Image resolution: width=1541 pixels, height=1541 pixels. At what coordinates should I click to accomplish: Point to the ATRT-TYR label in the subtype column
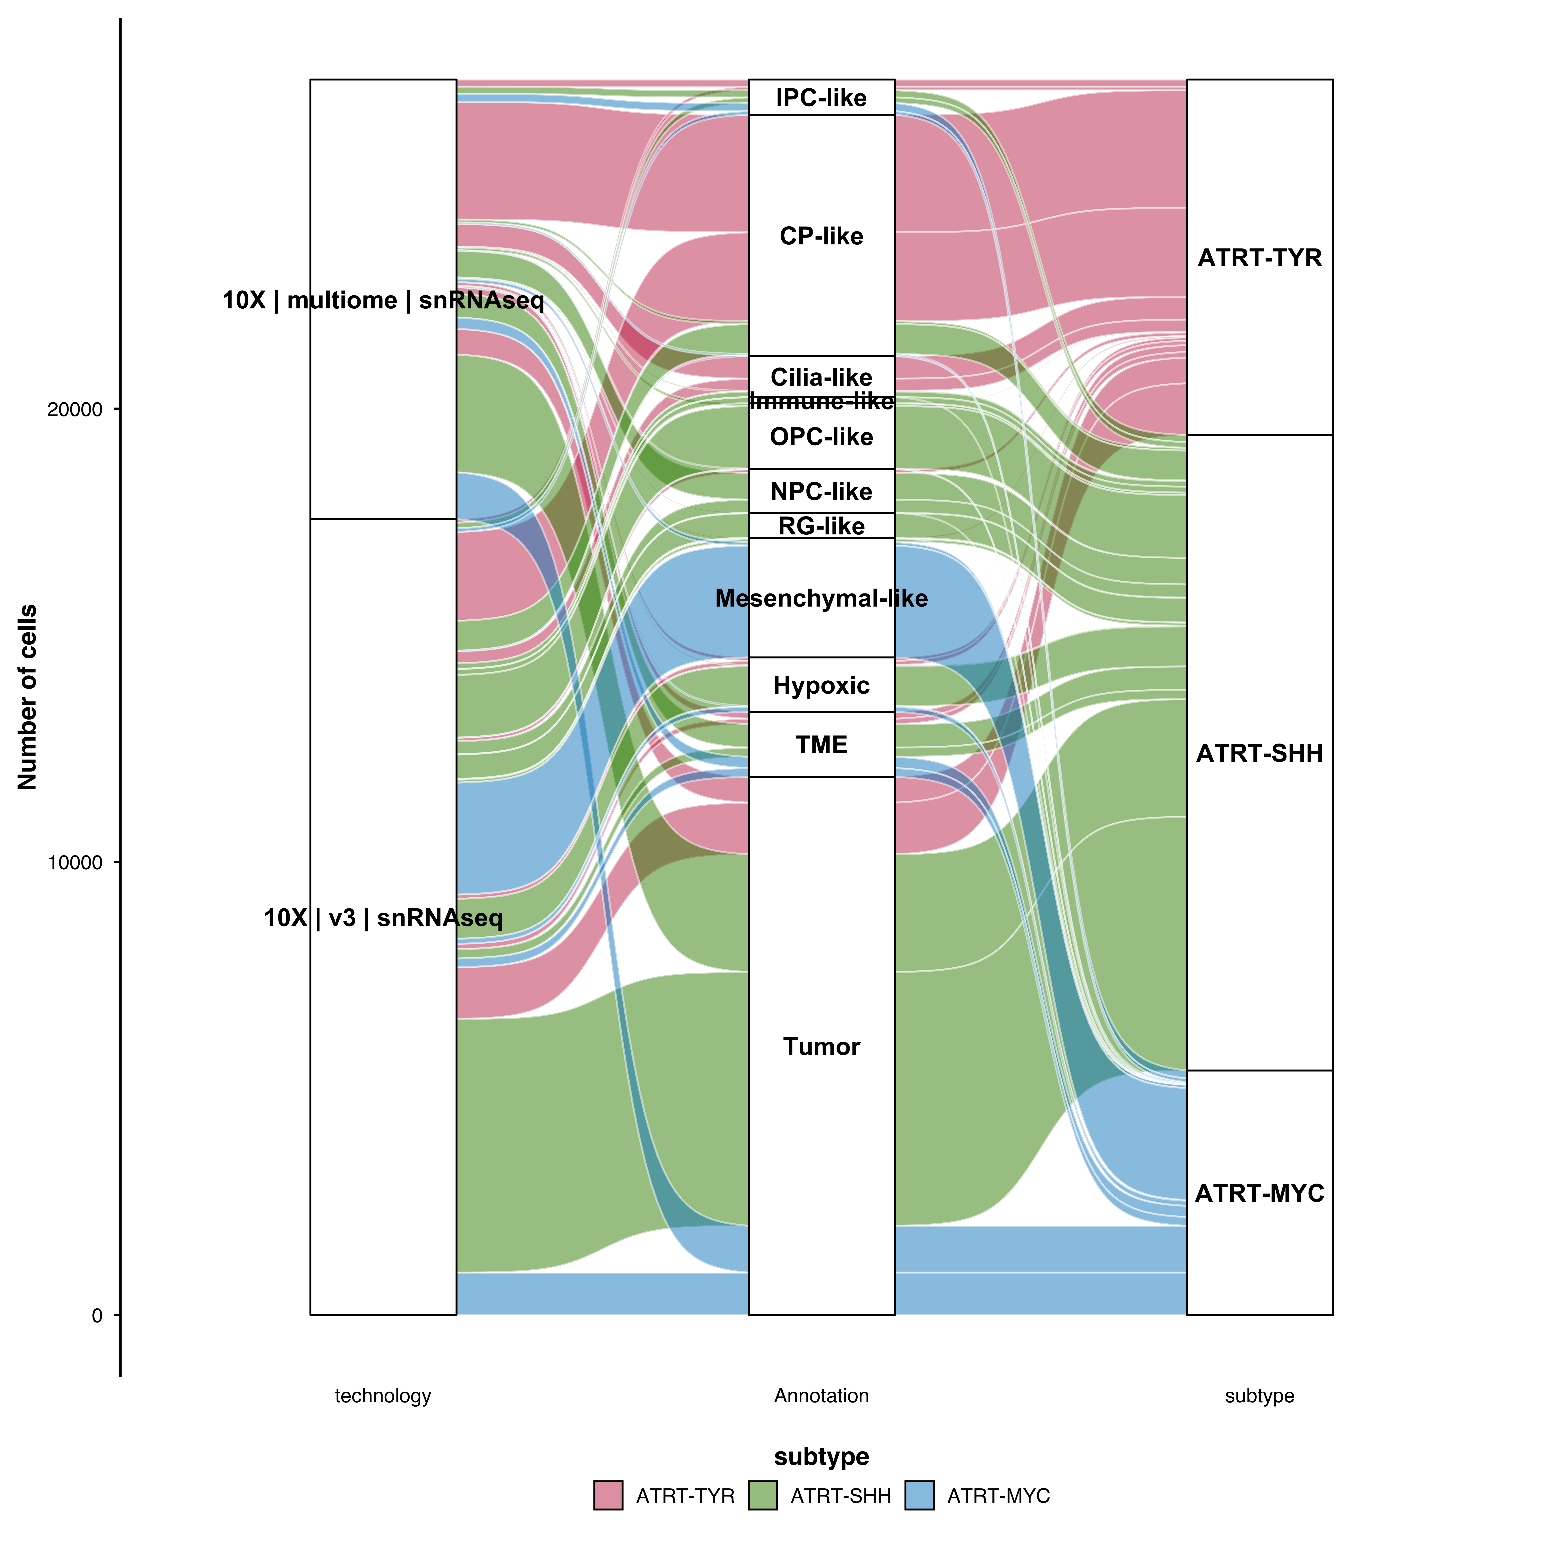pyautogui.click(x=1259, y=258)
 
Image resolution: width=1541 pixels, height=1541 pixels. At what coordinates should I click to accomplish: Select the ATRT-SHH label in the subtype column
pyautogui.click(x=1259, y=753)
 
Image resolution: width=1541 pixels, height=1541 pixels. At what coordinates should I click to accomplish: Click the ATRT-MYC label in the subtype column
pyautogui.click(x=1259, y=1193)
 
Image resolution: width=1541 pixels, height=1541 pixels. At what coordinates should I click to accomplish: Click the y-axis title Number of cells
pyautogui.click(x=27, y=697)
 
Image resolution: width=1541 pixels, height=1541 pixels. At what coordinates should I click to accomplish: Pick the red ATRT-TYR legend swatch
pyautogui.click(x=608, y=1496)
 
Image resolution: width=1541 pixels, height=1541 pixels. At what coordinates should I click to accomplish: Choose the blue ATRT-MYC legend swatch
pyautogui.click(x=919, y=1496)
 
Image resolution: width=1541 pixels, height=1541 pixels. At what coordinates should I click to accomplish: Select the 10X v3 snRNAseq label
pyautogui.click(x=383, y=918)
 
